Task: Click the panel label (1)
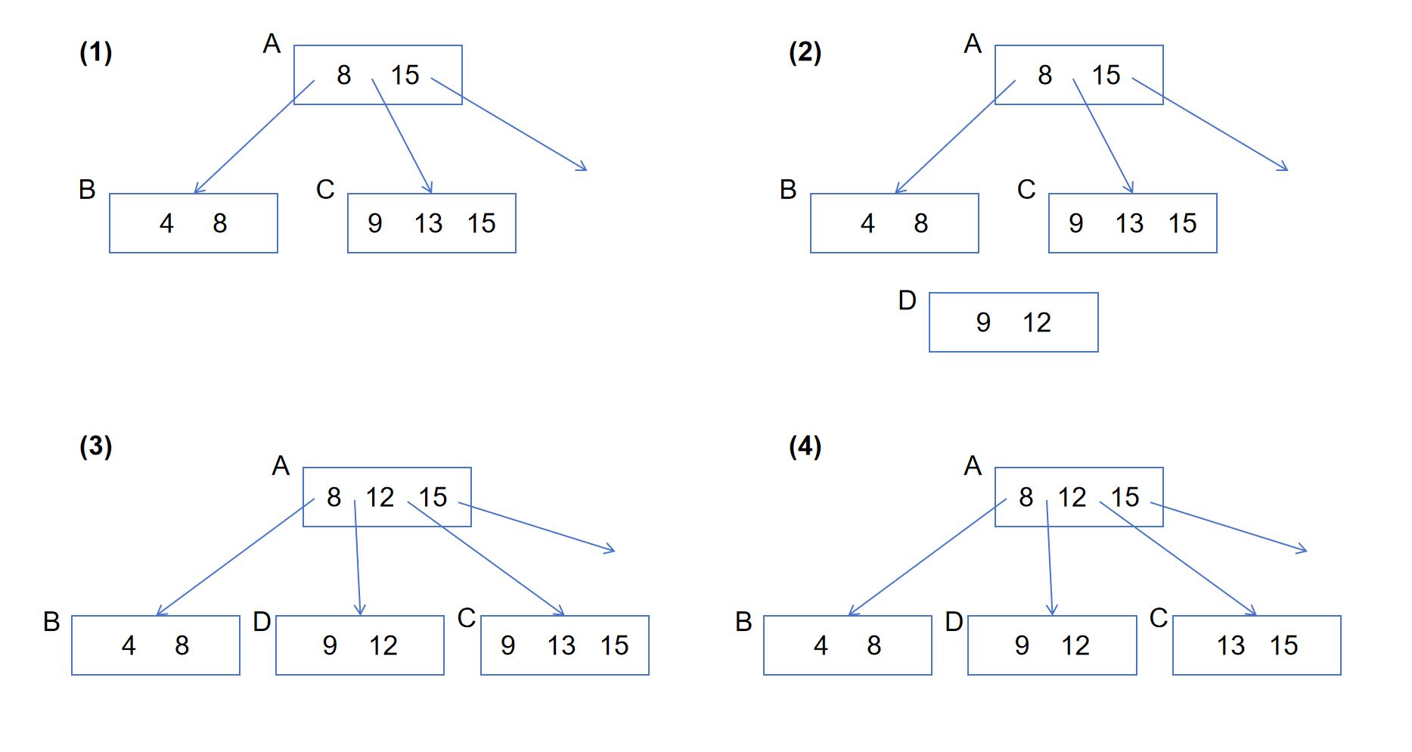coord(95,52)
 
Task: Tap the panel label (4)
coord(805,446)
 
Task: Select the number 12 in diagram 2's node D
coord(1037,323)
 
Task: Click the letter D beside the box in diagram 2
coord(907,300)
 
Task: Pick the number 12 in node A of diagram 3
coord(380,497)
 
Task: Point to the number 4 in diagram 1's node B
coord(166,223)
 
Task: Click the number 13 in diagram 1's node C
coord(428,223)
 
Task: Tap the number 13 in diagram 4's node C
coord(1230,645)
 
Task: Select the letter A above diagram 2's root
coord(973,44)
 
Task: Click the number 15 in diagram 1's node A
coord(405,75)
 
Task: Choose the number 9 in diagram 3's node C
coord(507,645)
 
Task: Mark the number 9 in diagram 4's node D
coord(1022,645)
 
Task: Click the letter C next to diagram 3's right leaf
coord(467,618)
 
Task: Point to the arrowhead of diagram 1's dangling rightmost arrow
coord(584,168)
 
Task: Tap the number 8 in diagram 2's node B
coord(920,223)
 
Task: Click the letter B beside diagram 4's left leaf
coord(743,622)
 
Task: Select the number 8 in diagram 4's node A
coord(1026,497)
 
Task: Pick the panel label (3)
coord(95,446)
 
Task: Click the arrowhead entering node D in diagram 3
coord(360,611)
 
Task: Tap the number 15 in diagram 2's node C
coord(1182,223)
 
